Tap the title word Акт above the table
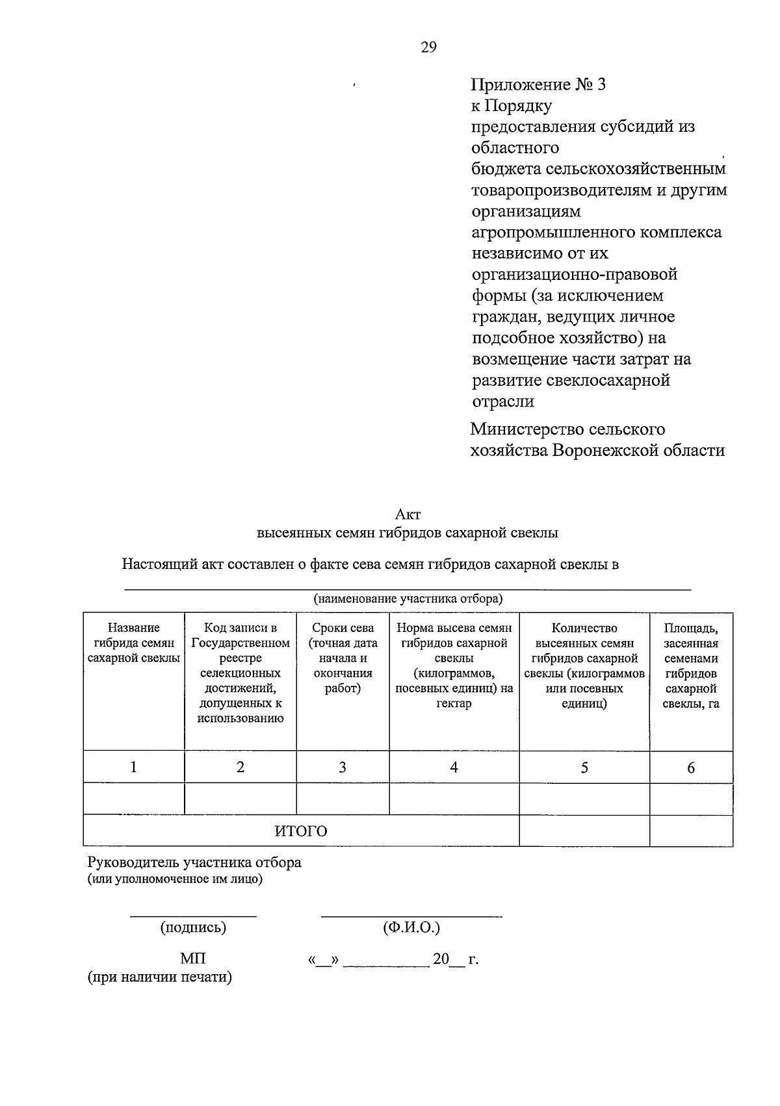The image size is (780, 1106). [x=408, y=514]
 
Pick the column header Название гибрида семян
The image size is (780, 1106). [x=134, y=643]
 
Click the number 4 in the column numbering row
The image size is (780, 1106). [x=454, y=767]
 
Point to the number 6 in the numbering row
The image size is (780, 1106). [x=691, y=768]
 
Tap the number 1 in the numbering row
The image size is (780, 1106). [x=133, y=767]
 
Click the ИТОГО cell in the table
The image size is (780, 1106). [x=300, y=831]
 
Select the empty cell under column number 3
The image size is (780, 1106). [x=343, y=798]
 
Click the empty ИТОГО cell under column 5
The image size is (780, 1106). [x=584, y=831]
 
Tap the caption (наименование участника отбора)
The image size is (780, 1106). [x=408, y=598]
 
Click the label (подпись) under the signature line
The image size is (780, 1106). [x=193, y=927]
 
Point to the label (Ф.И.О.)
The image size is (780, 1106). [x=411, y=927]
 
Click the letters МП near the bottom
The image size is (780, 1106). [x=193, y=959]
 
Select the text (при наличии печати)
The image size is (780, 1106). [x=160, y=977]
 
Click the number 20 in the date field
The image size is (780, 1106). [x=441, y=959]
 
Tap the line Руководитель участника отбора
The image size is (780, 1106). [x=194, y=862]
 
